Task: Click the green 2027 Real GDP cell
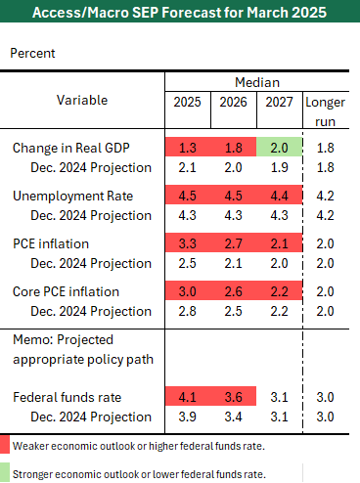coord(279,147)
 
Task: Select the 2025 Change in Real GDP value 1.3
coord(188,148)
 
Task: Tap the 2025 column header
coord(187,102)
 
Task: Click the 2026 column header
coord(233,102)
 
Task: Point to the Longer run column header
coord(325,111)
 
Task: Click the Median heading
coord(257,82)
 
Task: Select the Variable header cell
coord(82,100)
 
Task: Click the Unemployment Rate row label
coord(73,196)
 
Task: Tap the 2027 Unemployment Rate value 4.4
coord(280,196)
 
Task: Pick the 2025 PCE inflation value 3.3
coord(188,243)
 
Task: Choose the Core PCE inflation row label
coord(66,291)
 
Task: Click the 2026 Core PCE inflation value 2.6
coord(233,291)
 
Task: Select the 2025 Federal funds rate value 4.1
coord(188,397)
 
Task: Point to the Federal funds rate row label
coord(67,397)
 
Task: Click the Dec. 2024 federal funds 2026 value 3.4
coord(233,417)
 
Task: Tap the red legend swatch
coord(5,444)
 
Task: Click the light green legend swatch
coord(5,472)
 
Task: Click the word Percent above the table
coord(32,53)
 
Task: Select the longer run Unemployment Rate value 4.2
coord(325,196)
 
